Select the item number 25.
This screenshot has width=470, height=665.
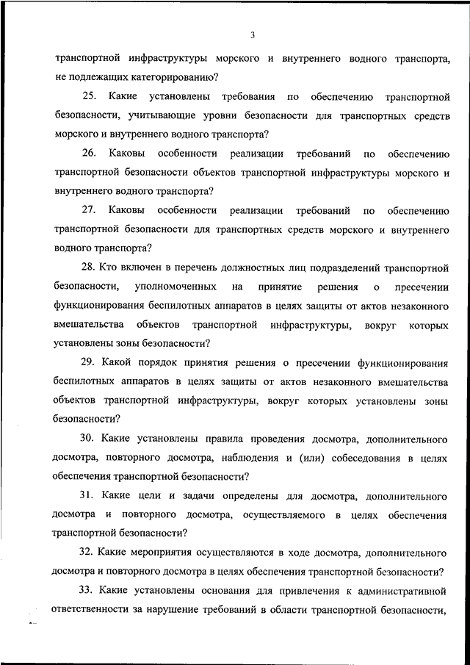(x=89, y=96)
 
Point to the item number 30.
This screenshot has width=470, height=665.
(x=89, y=439)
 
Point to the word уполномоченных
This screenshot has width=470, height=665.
(x=176, y=286)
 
